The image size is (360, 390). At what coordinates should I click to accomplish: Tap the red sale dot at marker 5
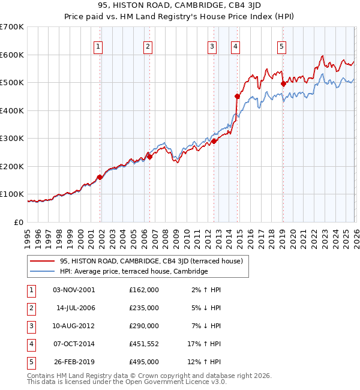283,84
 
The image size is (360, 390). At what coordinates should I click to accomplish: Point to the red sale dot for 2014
237,96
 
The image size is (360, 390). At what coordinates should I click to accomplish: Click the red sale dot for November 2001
100,177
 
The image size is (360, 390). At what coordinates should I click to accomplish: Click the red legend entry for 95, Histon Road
151,261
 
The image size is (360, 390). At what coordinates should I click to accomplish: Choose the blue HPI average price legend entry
133,271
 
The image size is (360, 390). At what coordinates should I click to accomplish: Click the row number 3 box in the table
31,326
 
